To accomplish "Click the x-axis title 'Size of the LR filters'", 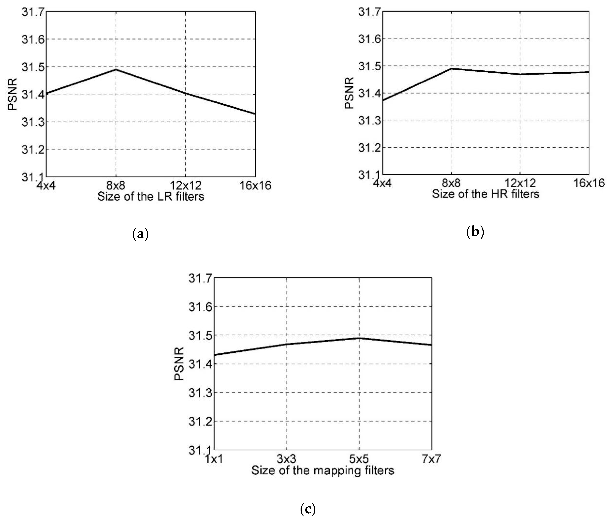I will pos(151,196).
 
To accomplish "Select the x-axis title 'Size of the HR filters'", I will pos(486,194).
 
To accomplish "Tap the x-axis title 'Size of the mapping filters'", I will pos(323,470).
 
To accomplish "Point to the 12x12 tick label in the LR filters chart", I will pos(186,185).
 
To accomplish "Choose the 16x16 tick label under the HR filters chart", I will pos(589,183).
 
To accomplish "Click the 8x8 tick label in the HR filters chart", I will pos(451,183).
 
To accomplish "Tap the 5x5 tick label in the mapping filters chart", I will pos(359,459).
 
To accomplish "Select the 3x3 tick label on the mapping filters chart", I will pos(286,459).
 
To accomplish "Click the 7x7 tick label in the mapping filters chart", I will pos(431,459).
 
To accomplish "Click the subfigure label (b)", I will pos(475,232).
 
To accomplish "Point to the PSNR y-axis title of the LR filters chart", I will pos(12,94).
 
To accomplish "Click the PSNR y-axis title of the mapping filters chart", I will pos(179,364).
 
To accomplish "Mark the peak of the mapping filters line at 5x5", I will pos(359,338).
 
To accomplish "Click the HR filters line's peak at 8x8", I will pos(451,69).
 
